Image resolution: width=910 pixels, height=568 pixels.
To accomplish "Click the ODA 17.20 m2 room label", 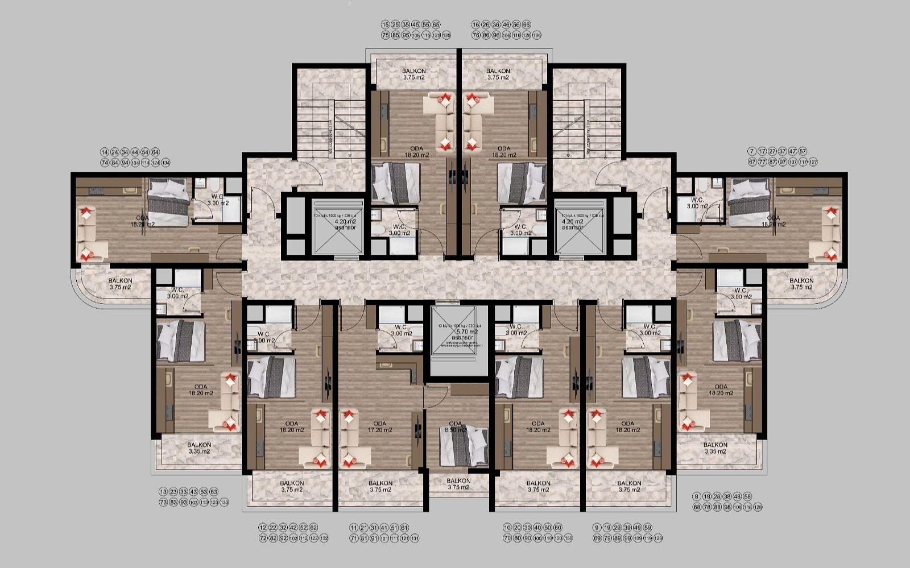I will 379,426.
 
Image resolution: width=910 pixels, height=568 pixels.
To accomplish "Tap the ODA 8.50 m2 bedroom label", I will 455,426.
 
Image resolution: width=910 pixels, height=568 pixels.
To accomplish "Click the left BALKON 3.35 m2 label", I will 199,448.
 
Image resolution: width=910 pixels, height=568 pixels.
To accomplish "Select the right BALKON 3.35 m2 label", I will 715,448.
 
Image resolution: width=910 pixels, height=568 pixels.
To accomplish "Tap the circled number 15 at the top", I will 386,25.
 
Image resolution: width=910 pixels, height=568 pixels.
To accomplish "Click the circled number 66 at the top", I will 526,25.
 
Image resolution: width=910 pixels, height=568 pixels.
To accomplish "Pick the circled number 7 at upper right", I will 752,151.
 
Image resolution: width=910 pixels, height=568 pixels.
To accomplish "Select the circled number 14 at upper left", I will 104,152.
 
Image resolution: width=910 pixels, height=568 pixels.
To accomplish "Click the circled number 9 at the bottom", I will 597,528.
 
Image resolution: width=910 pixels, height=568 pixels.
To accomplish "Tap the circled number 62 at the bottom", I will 314,528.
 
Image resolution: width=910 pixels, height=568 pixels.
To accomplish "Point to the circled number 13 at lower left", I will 163,492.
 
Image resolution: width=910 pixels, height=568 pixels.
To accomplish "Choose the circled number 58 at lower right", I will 747,496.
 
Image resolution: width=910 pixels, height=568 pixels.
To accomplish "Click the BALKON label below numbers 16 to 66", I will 498,74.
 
